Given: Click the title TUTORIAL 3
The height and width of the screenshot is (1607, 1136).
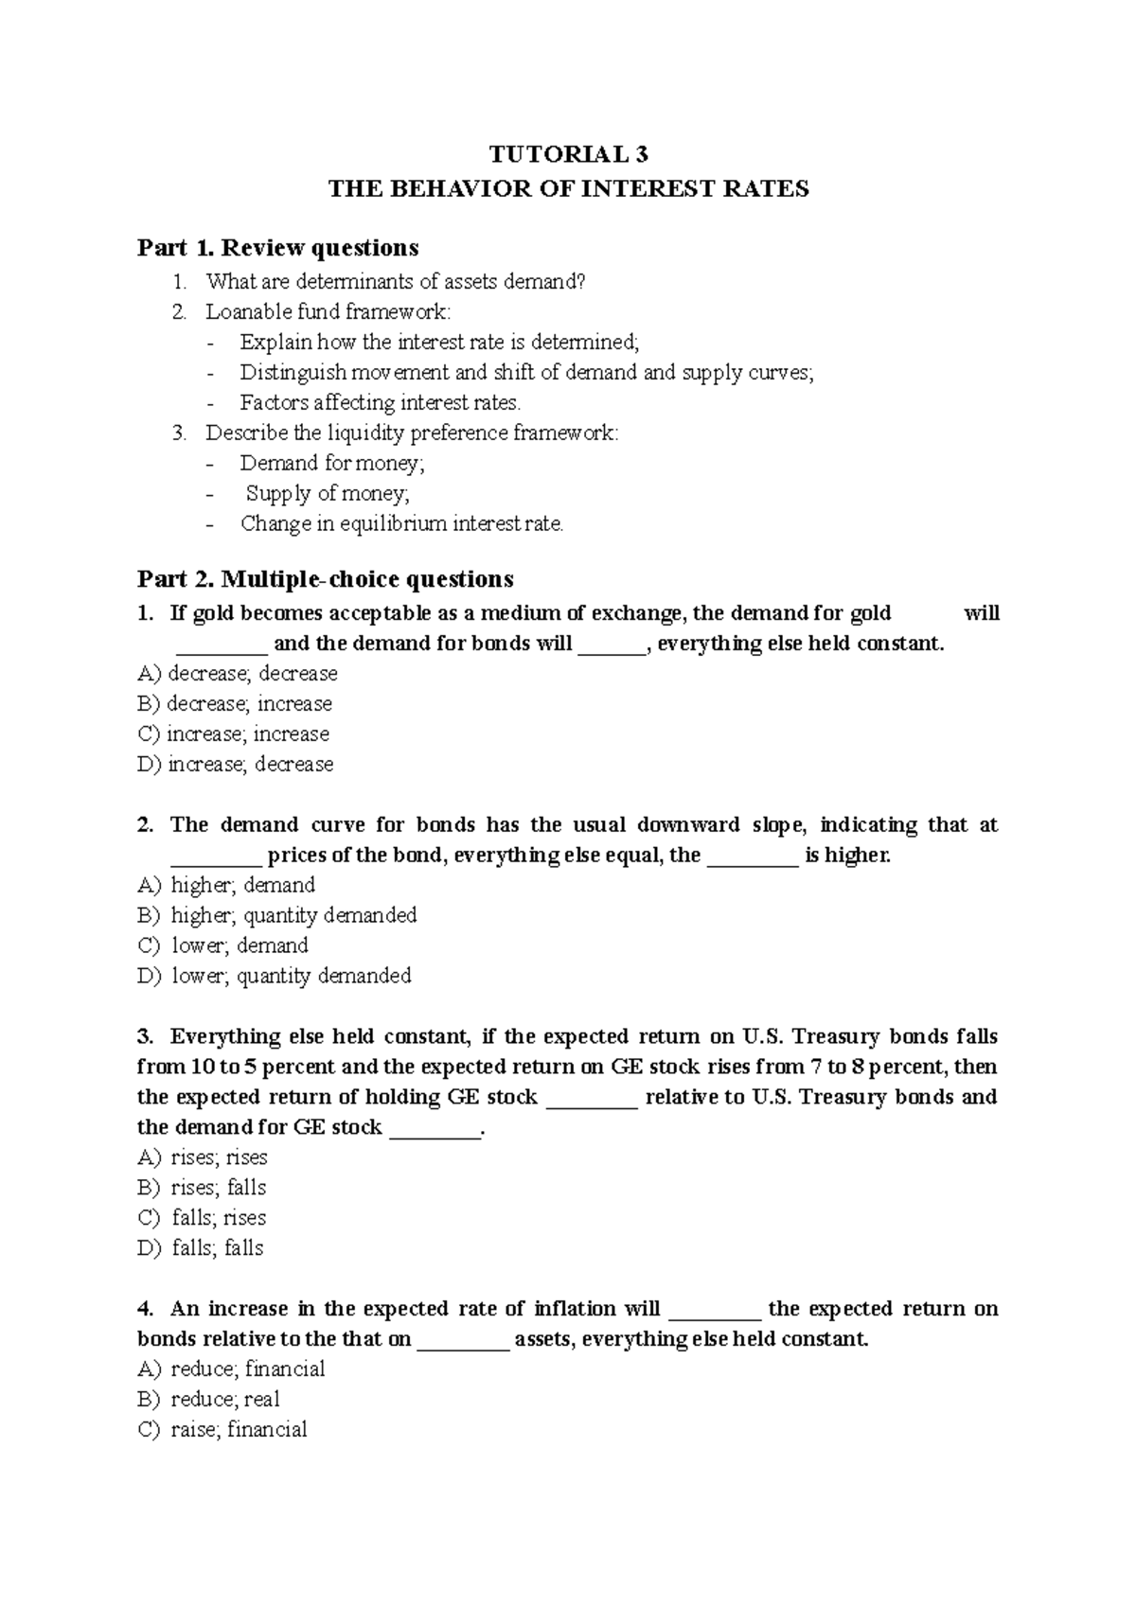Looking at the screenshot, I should (568, 154).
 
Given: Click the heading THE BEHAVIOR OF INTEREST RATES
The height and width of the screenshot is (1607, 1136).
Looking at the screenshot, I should (568, 188).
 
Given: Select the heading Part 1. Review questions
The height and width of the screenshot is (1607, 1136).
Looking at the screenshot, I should (277, 248).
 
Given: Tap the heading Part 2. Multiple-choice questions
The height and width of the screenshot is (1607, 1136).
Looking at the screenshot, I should (325, 578).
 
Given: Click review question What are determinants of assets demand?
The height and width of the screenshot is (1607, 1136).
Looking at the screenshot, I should (396, 281).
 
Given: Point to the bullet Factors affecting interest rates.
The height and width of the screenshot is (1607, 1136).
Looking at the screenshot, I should (380, 402).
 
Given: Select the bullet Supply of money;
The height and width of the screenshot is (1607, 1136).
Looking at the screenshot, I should (328, 493).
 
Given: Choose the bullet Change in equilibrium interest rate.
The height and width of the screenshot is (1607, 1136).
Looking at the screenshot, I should (401, 523).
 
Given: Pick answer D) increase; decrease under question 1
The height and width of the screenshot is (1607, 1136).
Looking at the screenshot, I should (236, 764).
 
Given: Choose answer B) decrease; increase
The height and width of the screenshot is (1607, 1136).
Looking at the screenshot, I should (235, 703).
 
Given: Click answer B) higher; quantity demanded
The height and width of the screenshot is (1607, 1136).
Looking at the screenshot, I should (276, 915).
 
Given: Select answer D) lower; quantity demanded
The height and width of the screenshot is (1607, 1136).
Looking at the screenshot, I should (274, 976).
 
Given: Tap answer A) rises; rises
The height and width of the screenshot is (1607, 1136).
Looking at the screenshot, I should (203, 1157).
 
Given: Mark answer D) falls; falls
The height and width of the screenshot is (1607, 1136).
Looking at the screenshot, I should (201, 1248).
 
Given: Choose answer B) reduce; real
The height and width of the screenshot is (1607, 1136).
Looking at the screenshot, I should (208, 1399).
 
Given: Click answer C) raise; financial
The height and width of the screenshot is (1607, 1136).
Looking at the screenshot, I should (222, 1429).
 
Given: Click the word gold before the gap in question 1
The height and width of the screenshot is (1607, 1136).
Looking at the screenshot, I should (870, 613).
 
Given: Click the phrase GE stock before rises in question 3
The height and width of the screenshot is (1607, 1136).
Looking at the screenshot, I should (652, 1067).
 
